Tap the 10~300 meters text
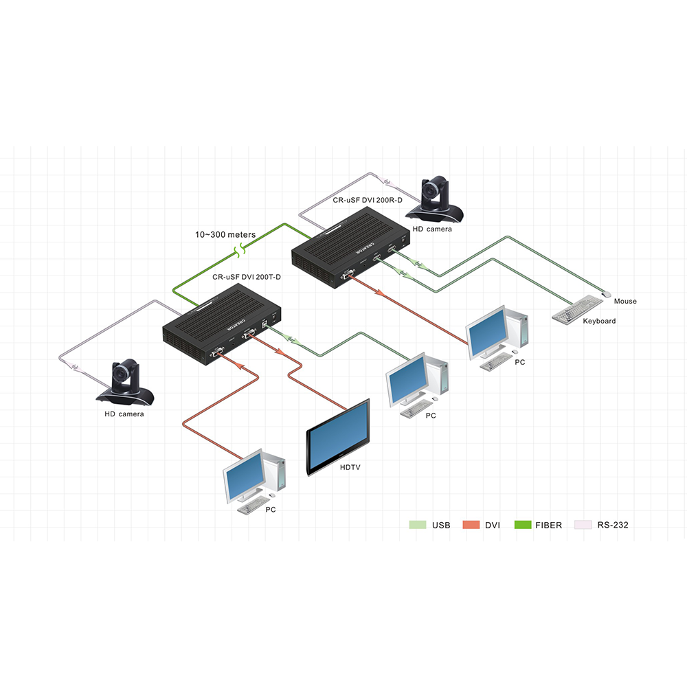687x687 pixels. tap(225, 234)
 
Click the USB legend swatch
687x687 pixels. tap(417, 525)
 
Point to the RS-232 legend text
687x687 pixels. tap(613, 525)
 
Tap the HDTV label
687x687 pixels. tap(350, 467)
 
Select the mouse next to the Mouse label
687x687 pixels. tap(606, 294)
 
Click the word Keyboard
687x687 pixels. tap(599, 321)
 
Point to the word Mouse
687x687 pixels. tap(625, 301)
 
